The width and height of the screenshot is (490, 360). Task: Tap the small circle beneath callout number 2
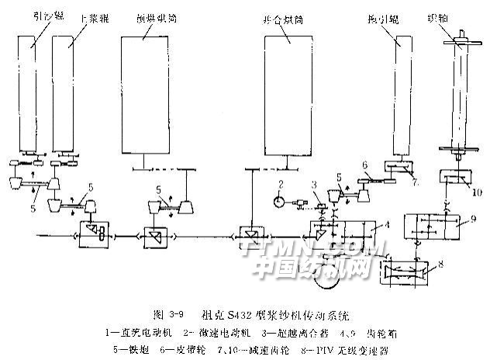point(281,199)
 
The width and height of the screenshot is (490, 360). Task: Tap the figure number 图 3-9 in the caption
point(168,314)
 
